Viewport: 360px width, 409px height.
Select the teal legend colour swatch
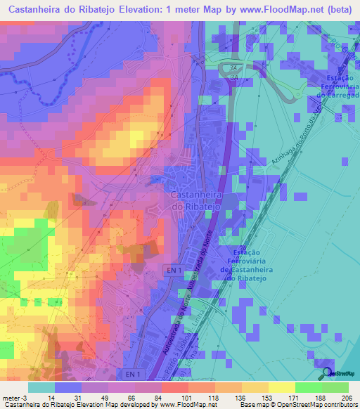click(41, 387)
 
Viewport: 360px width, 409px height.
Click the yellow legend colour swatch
click(281, 387)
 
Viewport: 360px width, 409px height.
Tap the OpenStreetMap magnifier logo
click(326, 373)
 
